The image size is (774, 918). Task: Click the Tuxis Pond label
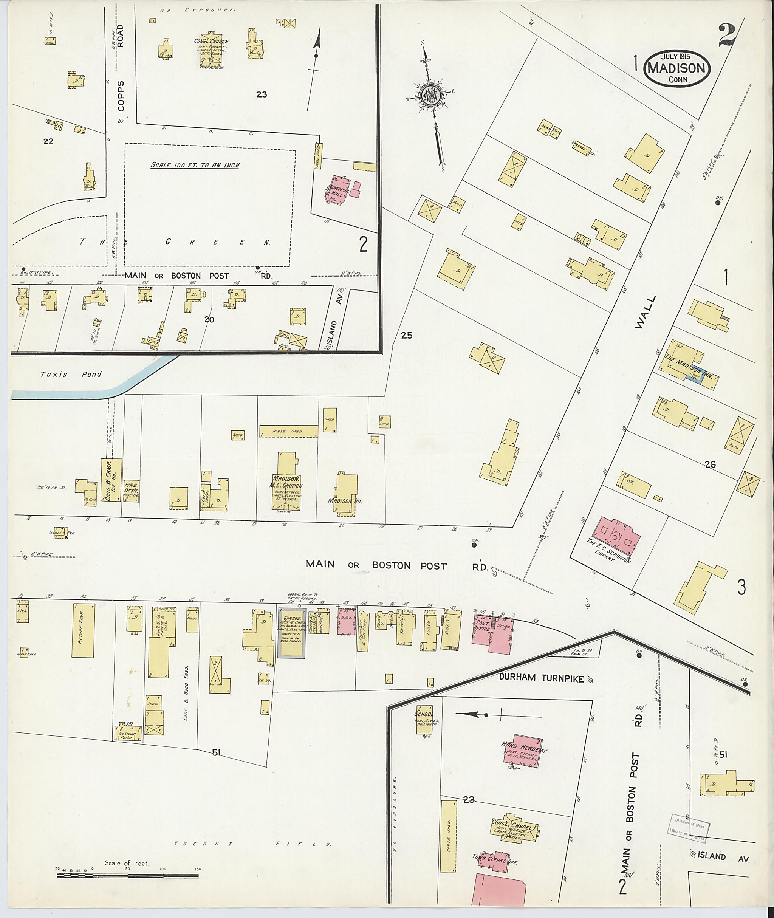coord(71,374)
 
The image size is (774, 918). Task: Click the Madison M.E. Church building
coord(286,487)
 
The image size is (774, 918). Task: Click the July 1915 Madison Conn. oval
coord(677,68)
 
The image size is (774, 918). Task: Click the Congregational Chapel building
coord(512,827)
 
